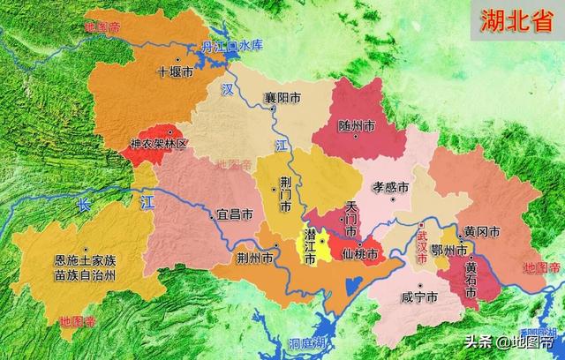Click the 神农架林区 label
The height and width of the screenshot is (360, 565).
[x=158, y=142]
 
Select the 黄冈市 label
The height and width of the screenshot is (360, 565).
[x=482, y=231]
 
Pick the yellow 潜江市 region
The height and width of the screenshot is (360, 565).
[x=324, y=244]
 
